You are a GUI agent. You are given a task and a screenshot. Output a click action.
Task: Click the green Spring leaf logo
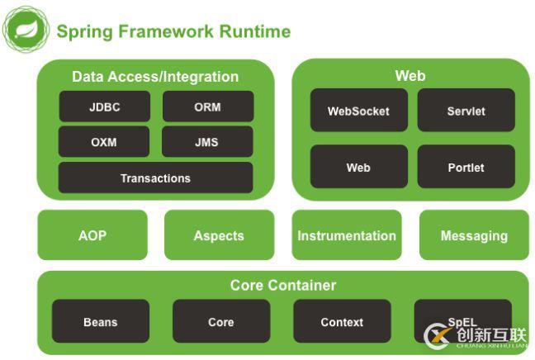(26, 30)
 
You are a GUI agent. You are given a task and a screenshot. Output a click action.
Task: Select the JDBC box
(104, 107)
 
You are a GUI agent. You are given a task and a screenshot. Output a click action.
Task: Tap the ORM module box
(207, 107)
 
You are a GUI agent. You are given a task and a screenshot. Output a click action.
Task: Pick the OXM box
(104, 142)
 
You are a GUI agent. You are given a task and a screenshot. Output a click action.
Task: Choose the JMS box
(207, 142)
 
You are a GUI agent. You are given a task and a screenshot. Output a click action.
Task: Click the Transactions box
(155, 178)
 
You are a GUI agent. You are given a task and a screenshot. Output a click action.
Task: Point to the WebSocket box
(358, 111)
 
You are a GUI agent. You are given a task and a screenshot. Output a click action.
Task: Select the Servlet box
(466, 111)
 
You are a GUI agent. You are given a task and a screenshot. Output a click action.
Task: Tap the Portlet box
(466, 167)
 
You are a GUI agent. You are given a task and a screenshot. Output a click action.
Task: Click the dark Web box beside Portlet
(358, 167)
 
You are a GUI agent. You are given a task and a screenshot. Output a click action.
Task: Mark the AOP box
(92, 235)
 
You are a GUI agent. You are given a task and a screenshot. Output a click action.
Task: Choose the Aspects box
(219, 235)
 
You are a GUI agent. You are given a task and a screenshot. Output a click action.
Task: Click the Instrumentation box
(347, 235)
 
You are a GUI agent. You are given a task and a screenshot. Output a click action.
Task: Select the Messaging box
(474, 235)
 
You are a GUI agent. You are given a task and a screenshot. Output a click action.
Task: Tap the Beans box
(101, 321)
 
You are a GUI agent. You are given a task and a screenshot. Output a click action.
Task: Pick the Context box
(342, 321)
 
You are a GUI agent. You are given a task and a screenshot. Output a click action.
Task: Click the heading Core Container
(283, 286)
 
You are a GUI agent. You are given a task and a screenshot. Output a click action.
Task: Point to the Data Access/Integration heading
(155, 77)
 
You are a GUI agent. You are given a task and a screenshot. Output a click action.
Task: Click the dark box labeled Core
(220, 321)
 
